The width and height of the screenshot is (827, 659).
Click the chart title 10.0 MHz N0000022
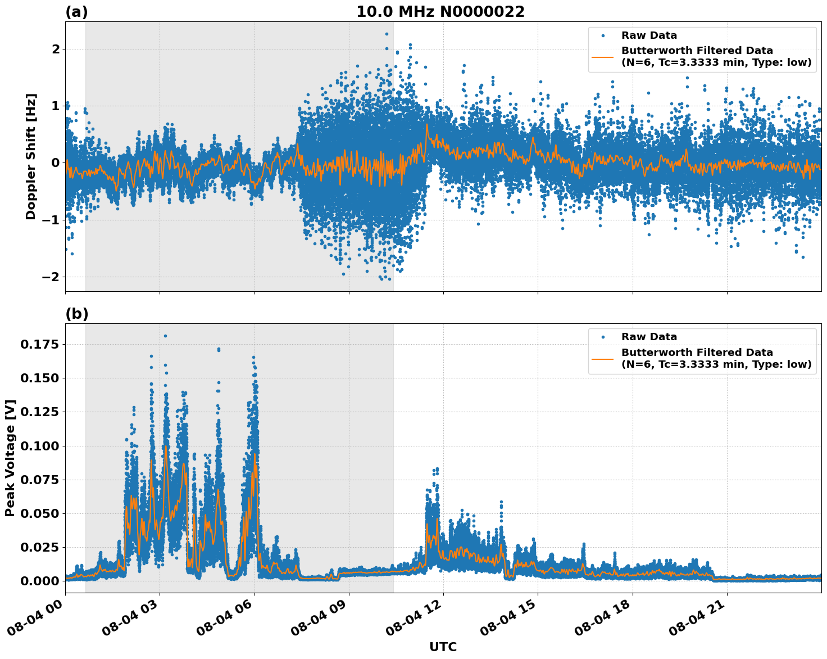(x=440, y=12)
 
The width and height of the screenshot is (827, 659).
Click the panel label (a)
(x=76, y=12)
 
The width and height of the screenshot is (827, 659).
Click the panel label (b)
(x=76, y=314)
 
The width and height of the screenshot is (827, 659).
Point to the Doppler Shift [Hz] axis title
(x=31, y=156)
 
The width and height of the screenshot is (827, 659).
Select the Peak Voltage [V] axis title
(x=10, y=458)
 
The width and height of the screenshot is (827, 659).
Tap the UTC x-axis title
(x=443, y=647)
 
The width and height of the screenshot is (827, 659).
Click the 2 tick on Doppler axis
(x=56, y=49)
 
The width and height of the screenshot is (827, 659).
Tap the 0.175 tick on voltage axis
(x=39, y=344)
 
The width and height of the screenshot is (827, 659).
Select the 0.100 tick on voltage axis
(x=39, y=446)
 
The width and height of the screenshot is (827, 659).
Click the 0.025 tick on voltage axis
(x=39, y=547)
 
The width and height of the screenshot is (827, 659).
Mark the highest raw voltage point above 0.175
(x=165, y=336)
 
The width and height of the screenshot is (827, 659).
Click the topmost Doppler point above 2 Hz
(x=387, y=34)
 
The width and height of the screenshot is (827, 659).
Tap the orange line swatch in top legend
(x=603, y=56)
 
